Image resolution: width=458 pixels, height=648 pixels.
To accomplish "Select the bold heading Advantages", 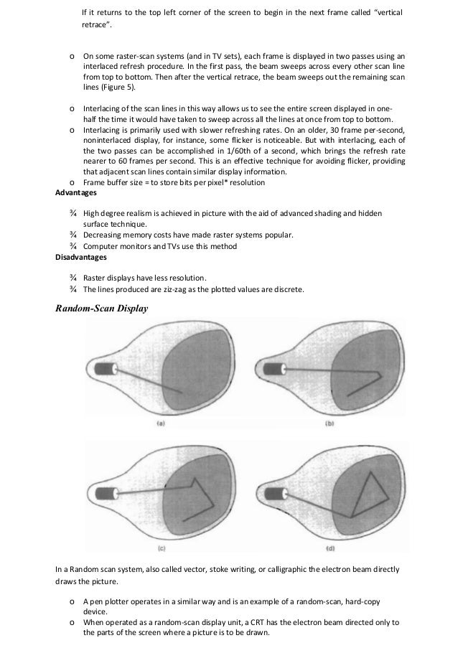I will coord(78,193).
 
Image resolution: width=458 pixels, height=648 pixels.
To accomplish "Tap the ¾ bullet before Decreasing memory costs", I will coord(73,235).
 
